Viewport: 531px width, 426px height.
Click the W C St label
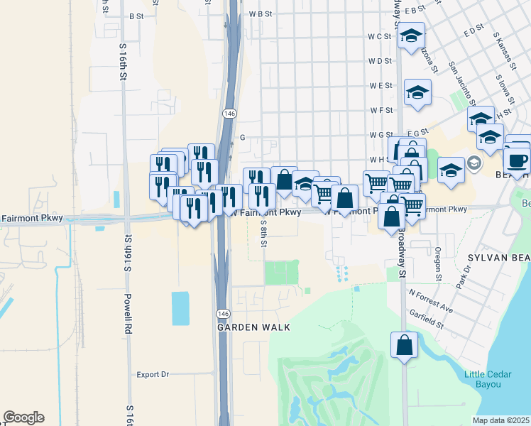click(x=380, y=36)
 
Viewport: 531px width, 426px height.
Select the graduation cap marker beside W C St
click(x=410, y=36)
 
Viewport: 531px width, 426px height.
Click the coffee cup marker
click(x=517, y=160)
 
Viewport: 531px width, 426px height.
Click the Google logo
click(x=23, y=417)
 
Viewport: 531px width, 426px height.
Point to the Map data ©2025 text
click(x=500, y=420)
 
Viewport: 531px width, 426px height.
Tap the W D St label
click(x=380, y=61)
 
